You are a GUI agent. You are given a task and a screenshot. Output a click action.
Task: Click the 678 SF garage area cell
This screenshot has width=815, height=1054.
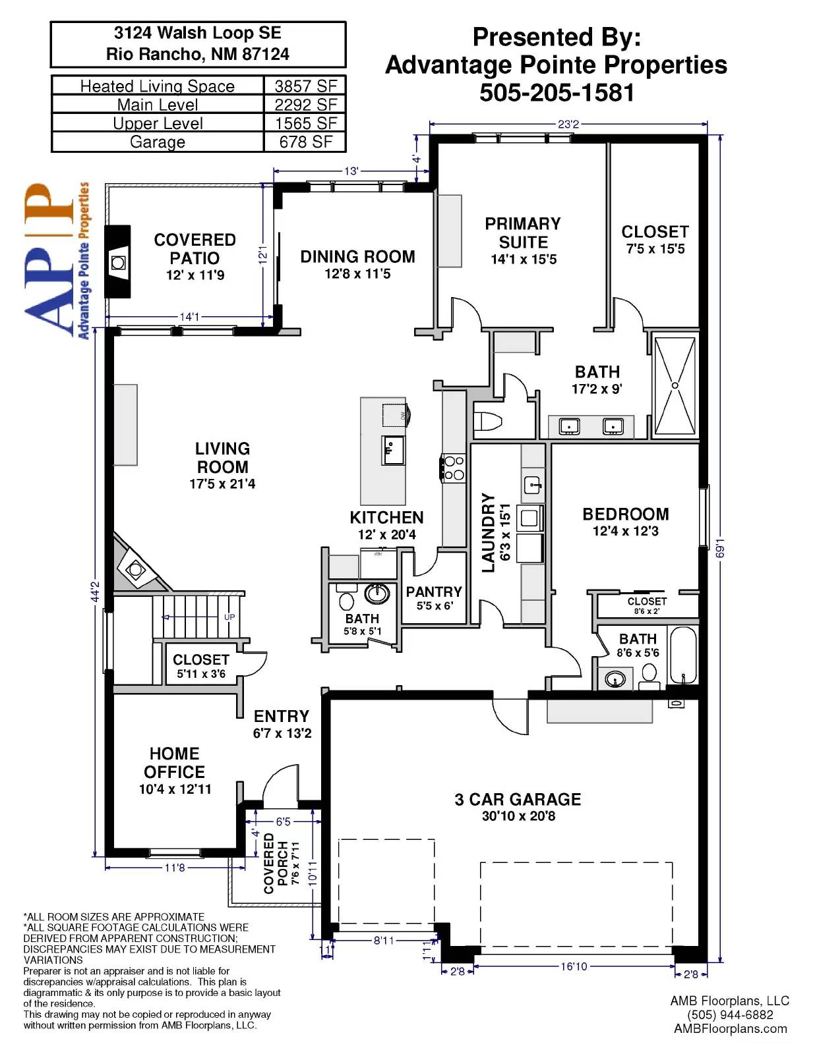(x=305, y=142)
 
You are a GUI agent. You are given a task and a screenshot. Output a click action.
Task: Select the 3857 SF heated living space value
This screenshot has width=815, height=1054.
(x=305, y=86)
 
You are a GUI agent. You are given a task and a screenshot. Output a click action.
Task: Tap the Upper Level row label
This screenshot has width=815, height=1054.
(x=158, y=123)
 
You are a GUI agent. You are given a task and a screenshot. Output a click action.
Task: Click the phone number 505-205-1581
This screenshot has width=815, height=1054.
(x=557, y=93)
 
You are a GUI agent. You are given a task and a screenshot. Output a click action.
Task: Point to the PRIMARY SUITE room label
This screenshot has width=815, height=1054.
(x=523, y=233)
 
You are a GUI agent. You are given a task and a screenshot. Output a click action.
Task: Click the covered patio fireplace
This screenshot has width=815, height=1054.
(x=119, y=262)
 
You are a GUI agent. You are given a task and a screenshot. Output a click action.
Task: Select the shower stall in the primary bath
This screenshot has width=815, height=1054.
(x=675, y=385)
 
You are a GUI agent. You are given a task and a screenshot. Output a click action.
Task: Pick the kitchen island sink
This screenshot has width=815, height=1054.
(x=393, y=450)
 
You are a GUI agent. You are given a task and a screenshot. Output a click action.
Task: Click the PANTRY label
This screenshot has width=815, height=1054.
(x=434, y=592)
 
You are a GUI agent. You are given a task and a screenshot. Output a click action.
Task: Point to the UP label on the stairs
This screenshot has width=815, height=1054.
(x=229, y=617)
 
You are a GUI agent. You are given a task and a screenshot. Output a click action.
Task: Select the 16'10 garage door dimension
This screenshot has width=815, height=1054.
(x=574, y=966)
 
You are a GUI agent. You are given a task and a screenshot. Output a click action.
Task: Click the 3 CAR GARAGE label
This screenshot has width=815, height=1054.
(x=518, y=799)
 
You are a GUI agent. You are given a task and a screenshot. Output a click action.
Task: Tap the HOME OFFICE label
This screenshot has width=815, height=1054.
(x=174, y=762)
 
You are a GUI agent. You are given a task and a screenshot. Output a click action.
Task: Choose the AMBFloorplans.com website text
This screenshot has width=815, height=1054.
(x=731, y=1029)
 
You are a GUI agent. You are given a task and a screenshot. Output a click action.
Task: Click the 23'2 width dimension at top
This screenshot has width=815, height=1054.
(x=568, y=125)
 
